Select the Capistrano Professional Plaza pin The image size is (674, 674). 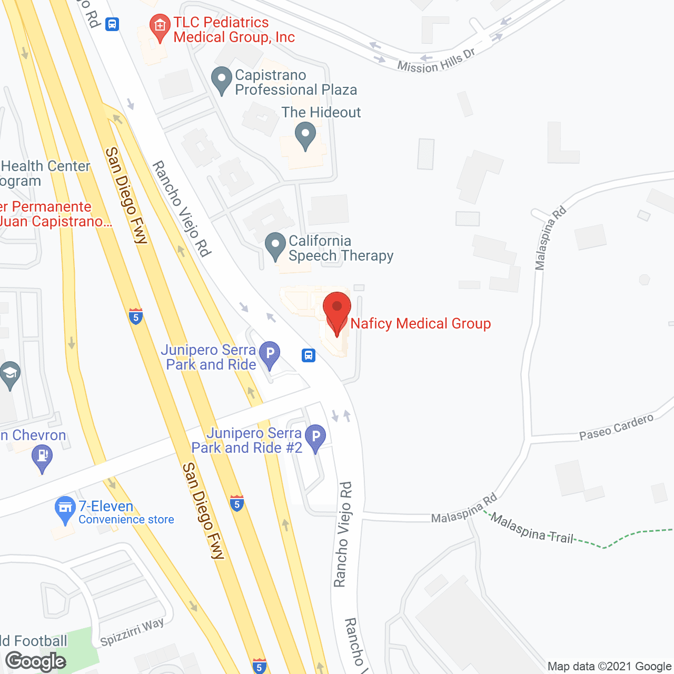point(222,81)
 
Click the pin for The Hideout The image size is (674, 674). point(305,135)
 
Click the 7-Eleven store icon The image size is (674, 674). point(65,509)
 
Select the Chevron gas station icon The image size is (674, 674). point(42,457)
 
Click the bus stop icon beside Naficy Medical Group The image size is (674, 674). point(309,355)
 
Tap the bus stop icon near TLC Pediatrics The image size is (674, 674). point(112,24)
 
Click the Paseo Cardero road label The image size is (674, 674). point(616,427)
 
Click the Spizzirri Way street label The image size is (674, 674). point(132,632)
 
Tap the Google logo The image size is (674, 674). point(36,661)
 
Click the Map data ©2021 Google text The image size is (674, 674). point(609,667)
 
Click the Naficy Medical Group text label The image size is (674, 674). point(420,323)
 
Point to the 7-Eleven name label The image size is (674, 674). point(106,507)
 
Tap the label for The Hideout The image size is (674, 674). point(321,112)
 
